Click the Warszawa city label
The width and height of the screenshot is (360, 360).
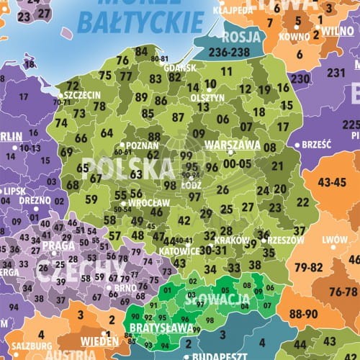[x=232, y=144]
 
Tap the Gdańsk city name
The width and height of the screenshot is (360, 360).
[x=180, y=68]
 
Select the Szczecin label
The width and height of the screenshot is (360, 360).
[x=82, y=94]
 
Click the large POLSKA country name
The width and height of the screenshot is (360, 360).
[x=128, y=168]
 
